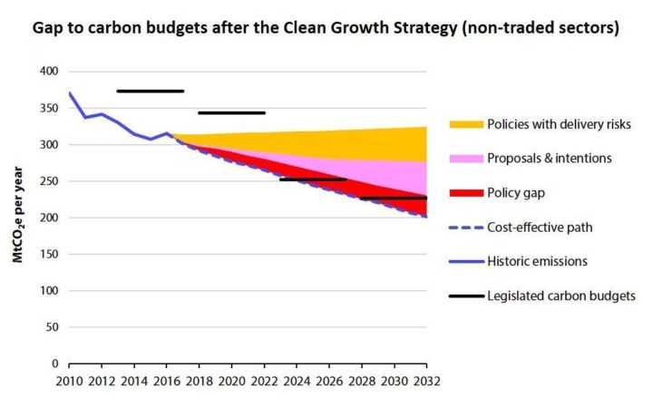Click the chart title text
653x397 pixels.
click(326, 28)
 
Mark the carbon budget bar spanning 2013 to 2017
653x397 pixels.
click(151, 91)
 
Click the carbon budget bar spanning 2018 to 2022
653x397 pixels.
click(231, 113)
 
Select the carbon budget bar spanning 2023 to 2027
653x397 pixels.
click(313, 179)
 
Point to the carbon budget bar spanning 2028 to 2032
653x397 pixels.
click(394, 198)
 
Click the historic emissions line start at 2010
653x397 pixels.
click(70, 93)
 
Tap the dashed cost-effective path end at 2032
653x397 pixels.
click(426, 217)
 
